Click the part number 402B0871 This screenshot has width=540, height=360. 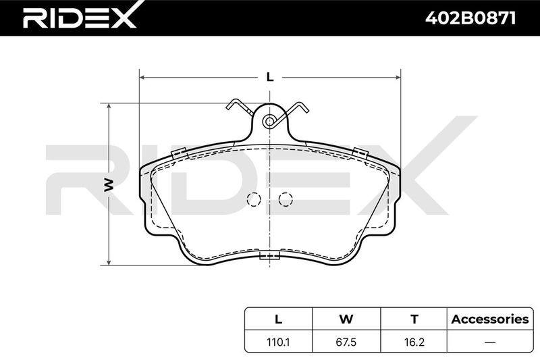tap(470, 18)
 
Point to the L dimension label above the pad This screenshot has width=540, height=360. tap(271, 77)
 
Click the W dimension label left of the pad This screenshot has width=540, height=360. tap(109, 184)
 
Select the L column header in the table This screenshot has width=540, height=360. tap(278, 319)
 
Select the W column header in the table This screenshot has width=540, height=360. tap(346, 319)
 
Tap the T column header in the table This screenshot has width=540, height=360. tap(414, 319)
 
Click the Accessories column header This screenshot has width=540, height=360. tap(490, 319)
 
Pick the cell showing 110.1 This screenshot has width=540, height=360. tap(278, 342)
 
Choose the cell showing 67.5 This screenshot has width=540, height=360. tap(346, 342)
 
